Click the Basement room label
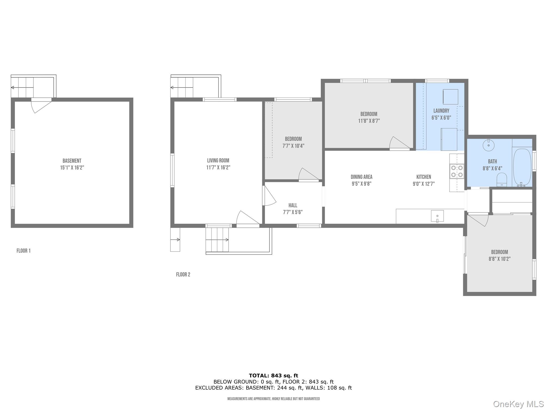72,161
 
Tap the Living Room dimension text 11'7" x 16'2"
218,168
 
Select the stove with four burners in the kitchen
457,171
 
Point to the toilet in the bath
502,179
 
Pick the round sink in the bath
489,145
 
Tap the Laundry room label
441,111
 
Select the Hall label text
293,205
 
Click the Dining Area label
361,177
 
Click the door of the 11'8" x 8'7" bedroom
398,143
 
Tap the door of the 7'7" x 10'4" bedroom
308,175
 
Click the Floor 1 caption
24,251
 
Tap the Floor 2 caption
183,274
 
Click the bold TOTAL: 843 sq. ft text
273,376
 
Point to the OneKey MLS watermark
518,404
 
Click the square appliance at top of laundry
450,97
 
